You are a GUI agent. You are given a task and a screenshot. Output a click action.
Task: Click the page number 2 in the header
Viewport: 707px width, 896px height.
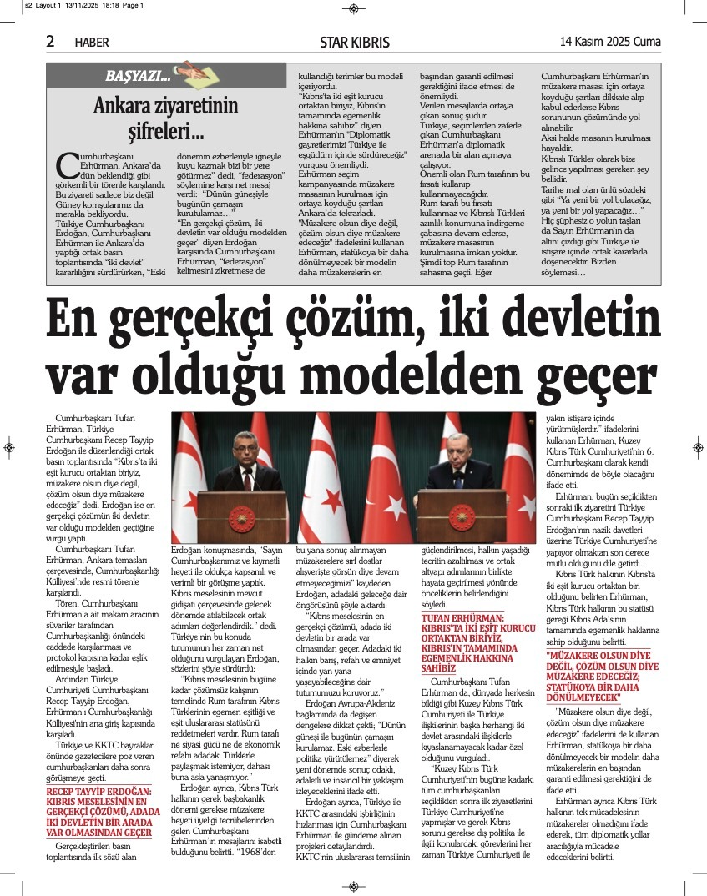point(50,41)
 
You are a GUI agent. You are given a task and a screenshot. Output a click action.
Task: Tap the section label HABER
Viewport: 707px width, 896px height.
point(92,43)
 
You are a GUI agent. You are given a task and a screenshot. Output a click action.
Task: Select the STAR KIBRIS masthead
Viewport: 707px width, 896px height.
point(354,43)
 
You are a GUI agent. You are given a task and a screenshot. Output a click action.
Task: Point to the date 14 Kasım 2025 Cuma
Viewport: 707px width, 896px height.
point(610,41)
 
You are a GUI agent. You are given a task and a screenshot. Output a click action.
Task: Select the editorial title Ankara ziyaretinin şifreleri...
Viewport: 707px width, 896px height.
point(164,118)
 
